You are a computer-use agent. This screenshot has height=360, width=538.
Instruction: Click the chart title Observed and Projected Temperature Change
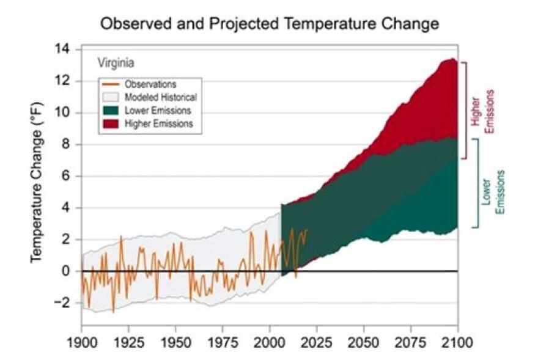(269, 24)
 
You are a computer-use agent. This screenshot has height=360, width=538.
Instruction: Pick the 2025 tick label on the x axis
(317, 340)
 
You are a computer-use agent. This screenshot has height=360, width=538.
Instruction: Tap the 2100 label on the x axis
(457, 340)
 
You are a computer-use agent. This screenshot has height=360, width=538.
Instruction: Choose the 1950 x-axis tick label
(175, 340)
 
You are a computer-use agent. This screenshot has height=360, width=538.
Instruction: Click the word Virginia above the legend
(117, 63)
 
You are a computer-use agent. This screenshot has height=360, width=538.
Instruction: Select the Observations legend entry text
(150, 84)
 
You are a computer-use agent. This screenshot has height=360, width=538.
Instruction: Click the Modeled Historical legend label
(160, 97)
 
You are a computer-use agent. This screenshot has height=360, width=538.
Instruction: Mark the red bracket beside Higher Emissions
(466, 110)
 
